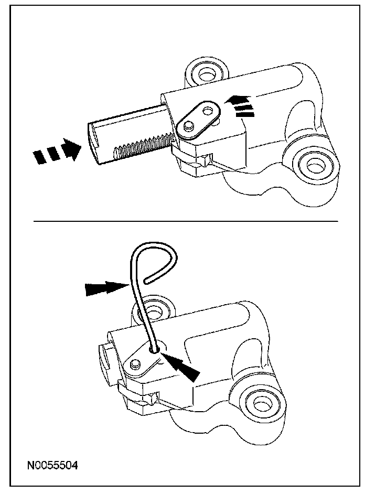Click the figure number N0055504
click(x=52, y=465)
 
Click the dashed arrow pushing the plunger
click(x=57, y=151)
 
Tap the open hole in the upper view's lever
click(x=208, y=111)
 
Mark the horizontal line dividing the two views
click(x=186, y=221)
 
